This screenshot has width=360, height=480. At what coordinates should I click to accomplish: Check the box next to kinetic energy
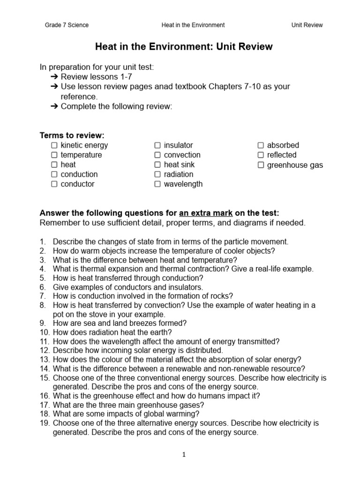[x=54, y=145]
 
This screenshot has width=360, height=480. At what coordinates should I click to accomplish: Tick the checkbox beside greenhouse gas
[x=261, y=165]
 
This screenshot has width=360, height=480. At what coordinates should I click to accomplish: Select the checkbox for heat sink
[x=157, y=165]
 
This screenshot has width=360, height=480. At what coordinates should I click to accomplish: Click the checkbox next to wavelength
[x=157, y=184]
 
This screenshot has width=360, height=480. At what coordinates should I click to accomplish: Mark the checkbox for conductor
[x=54, y=184]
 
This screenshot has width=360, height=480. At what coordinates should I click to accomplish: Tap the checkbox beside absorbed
[x=261, y=145]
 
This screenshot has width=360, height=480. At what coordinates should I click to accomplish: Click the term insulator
[x=178, y=145]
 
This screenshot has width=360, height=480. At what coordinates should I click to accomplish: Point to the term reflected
[x=282, y=155]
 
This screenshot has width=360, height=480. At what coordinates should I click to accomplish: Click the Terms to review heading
[x=71, y=135]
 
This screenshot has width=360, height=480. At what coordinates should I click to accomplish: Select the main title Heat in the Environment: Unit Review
[x=184, y=47]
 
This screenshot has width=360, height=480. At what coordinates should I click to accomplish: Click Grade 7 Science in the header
[x=67, y=25]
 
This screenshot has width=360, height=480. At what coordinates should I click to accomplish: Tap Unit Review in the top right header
[x=307, y=25]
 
